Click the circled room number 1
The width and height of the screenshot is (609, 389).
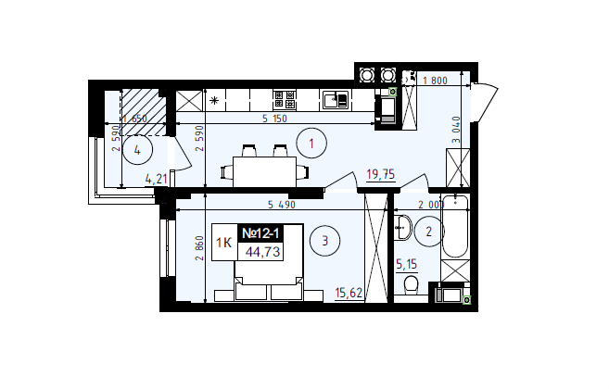[311, 144]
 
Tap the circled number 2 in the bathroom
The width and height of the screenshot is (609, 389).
[428, 232]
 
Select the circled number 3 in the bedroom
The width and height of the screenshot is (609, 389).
[324, 241]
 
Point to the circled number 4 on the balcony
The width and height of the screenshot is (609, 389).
[137, 150]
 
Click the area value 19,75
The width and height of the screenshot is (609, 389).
[381, 175]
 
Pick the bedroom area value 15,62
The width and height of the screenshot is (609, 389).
[349, 293]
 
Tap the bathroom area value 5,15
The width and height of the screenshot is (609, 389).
[406, 265]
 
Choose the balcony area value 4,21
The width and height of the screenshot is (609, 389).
[156, 179]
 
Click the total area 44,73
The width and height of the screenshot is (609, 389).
[262, 252]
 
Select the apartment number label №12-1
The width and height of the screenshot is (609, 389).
[260, 233]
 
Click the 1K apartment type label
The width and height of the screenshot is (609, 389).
[223, 243]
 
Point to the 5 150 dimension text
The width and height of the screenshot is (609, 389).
[274, 119]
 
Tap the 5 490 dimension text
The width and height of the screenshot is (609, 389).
[282, 205]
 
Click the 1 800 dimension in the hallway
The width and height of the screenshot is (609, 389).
[435, 81]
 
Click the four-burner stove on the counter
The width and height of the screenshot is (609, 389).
[285, 99]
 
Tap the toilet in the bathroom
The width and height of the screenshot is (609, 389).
[410, 285]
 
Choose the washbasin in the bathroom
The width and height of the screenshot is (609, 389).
[403, 228]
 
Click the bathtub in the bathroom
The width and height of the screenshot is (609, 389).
[455, 226]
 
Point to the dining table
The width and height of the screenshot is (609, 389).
[264, 171]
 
